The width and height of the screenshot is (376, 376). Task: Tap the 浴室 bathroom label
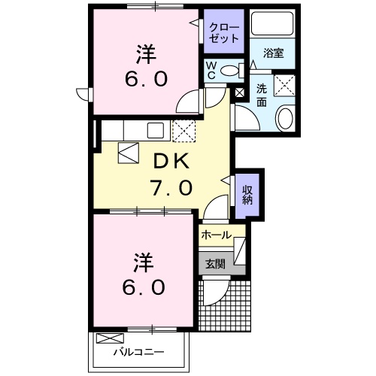(x=274, y=53)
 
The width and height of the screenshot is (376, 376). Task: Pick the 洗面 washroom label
(x=262, y=93)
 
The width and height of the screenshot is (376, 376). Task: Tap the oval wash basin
(x=286, y=118)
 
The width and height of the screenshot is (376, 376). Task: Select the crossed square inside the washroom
(x=284, y=85)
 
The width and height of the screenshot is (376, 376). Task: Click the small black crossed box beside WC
(x=240, y=92)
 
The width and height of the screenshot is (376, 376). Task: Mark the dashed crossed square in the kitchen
(x=184, y=131)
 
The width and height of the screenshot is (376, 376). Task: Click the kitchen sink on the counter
(x=157, y=130)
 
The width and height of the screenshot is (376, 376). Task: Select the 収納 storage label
(x=247, y=194)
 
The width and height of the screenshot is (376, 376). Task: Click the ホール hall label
(x=217, y=235)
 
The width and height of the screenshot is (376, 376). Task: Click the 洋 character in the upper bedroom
(x=146, y=54)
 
